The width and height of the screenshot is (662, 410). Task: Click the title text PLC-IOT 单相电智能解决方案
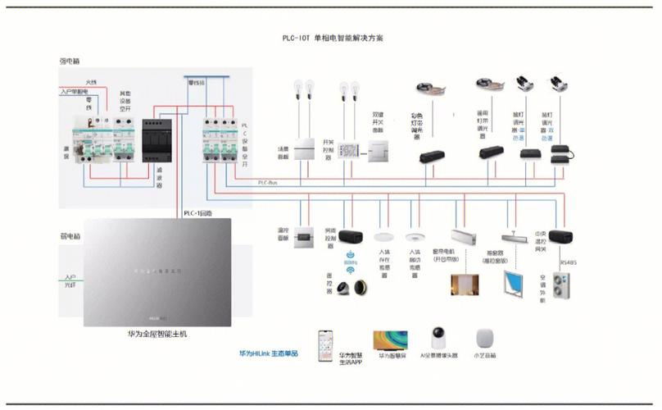tap(332, 39)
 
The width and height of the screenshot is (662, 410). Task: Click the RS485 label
tap(569, 262)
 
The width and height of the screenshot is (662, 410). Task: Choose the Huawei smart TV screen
tap(391, 340)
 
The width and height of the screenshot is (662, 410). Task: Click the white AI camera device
tap(439, 339)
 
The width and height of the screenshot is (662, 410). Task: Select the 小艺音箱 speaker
tap(486, 340)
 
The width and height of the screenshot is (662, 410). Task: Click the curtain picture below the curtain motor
tap(465, 283)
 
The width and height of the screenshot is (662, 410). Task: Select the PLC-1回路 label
tap(197, 213)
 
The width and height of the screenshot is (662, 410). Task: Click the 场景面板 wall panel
tap(305, 151)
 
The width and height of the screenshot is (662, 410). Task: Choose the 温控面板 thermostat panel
tap(304, 236)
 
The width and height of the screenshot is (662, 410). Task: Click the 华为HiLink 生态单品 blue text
tap(269, 353)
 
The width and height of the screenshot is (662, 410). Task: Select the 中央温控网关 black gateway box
tap(560, 237)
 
